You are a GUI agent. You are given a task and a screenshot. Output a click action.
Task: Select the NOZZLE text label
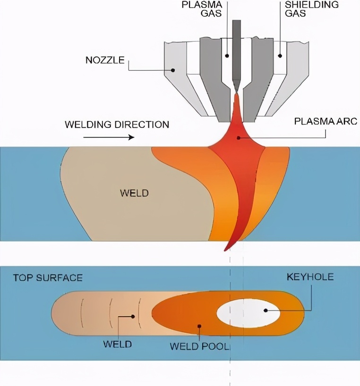105,60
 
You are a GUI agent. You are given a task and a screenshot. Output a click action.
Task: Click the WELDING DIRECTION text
117,125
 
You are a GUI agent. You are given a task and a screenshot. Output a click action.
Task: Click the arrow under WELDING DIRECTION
108,138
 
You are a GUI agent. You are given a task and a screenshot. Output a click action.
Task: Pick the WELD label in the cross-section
135,193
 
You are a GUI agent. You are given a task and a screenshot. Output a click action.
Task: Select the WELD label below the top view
117,344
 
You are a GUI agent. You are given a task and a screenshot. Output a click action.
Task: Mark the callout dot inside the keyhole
266,310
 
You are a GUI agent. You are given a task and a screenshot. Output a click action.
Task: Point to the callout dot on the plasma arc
239,138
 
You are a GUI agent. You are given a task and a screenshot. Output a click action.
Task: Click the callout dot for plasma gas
227,55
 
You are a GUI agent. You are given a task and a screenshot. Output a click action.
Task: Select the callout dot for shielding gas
280,55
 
